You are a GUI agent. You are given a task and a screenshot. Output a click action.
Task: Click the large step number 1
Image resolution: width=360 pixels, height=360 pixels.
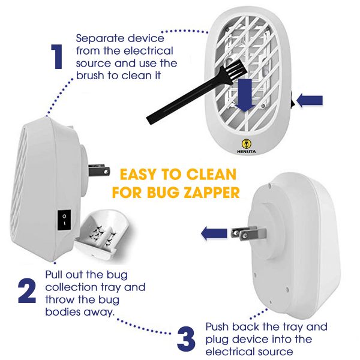[x=57, y=56]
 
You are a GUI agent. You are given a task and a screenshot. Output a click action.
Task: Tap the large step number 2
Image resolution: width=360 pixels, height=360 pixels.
[x=27, y=291]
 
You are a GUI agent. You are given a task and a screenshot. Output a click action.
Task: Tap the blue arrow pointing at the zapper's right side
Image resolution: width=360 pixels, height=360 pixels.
[x=310, y=101]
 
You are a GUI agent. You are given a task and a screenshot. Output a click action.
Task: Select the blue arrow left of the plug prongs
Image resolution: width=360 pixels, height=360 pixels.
[x=214, y=233]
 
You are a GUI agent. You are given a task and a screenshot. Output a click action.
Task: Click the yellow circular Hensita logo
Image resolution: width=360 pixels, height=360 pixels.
[x=247, y=144]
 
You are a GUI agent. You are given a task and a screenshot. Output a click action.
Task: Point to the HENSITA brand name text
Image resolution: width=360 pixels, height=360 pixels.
[x=247, y=152]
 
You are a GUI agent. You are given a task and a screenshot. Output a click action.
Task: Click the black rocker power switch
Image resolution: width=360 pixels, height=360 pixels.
[x=64, y=220]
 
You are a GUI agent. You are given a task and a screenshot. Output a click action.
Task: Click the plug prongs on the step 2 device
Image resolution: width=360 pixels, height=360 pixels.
[x=99, y=170]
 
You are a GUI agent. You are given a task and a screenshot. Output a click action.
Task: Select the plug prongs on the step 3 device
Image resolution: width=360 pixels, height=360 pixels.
[x=248, y=233]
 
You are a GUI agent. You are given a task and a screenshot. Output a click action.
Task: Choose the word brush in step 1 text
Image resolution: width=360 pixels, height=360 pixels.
[x=91, y=76]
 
